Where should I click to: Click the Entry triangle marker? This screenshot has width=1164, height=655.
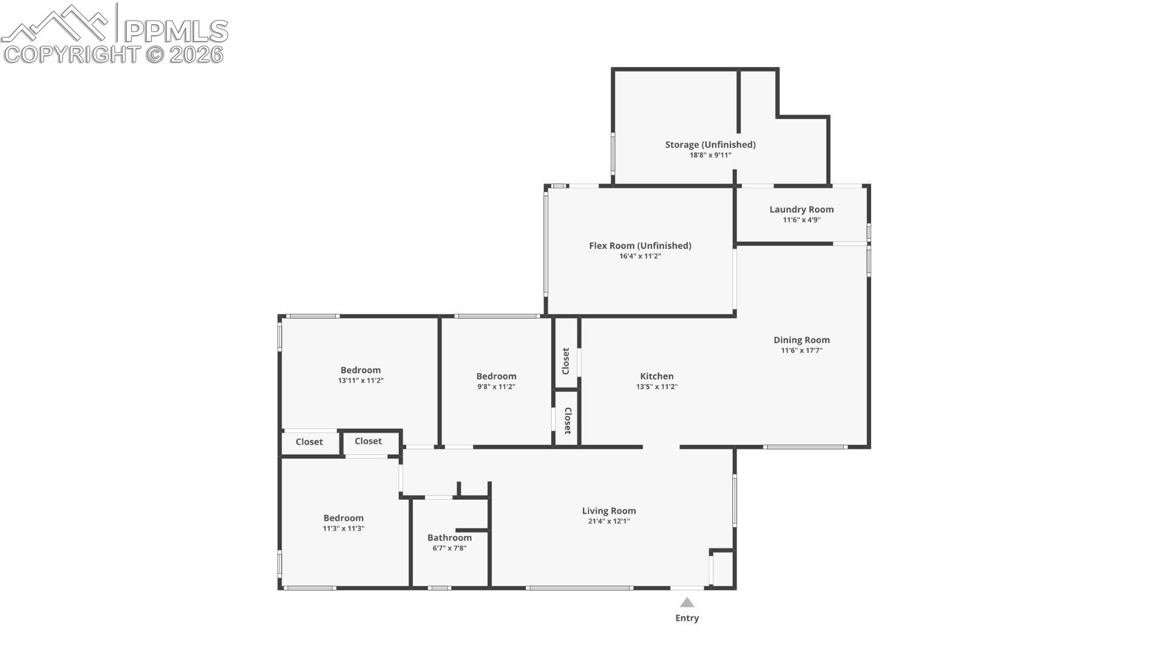point(687,602)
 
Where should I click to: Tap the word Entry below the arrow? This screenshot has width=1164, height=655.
point(687,618)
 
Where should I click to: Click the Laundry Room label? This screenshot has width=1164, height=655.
point(801,209)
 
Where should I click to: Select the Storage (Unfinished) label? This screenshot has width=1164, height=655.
point(711,144)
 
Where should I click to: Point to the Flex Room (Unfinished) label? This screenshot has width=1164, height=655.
point(640,246)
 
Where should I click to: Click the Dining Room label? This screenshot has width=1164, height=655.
point(801,340)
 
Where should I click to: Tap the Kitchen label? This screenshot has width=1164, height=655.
point(657,376)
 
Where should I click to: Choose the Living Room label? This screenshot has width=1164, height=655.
point(609,511)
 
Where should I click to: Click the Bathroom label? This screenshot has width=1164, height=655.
point(449,537)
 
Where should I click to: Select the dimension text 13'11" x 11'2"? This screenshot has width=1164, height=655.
point(361,381)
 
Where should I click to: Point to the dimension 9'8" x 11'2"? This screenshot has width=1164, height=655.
point(496,387)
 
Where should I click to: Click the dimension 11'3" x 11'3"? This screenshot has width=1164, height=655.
point(343,529)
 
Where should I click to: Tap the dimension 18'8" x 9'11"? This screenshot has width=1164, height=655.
point(711,155)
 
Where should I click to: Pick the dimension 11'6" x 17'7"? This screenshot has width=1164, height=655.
point(801,351)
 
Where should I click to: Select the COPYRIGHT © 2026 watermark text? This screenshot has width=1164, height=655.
point(113,55)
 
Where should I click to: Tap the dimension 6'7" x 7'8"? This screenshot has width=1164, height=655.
point(449,548)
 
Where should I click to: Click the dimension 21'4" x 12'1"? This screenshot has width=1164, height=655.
point(609,522)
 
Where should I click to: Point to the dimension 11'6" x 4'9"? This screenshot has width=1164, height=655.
point(801,220)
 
